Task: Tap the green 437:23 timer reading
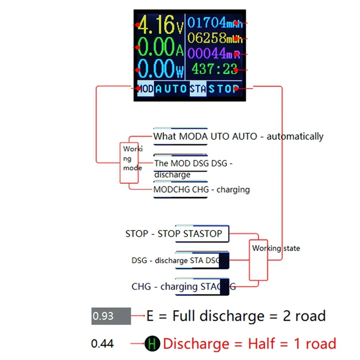pyautogui.click(x=214, y=69)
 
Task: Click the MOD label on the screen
pyautogui.click(x=144, y=89)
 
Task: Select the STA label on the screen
pyautogui.click(x=198, y=89)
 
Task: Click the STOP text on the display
pyautogui.click(x=223, y=89)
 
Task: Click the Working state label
pyautogui.click(x=275, y=248)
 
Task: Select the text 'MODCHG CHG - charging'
pyautogui.click(x=201, y=190)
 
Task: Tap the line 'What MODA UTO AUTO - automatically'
pyautogui.click(x=238, y=136)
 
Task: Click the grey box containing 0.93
pyautogui.click(x=111, y=316)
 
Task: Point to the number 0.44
pyautogui.click(x=102, y=344)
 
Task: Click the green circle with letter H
pyautogui.click(x=153, y=345)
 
